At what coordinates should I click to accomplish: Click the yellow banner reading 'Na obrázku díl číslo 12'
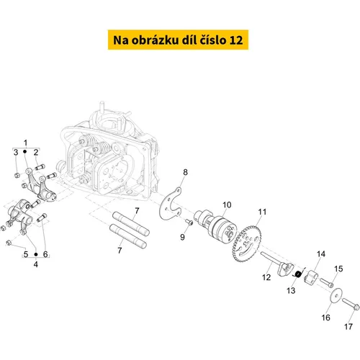coord(178,40)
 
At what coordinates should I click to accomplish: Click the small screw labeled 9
coord(189,222)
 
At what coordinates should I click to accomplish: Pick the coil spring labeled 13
coord(299,273)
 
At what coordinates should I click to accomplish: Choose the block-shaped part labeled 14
coord(311,276)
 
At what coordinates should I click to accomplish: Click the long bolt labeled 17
coord(351,304)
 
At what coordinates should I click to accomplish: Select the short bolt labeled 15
coord(327,282)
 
